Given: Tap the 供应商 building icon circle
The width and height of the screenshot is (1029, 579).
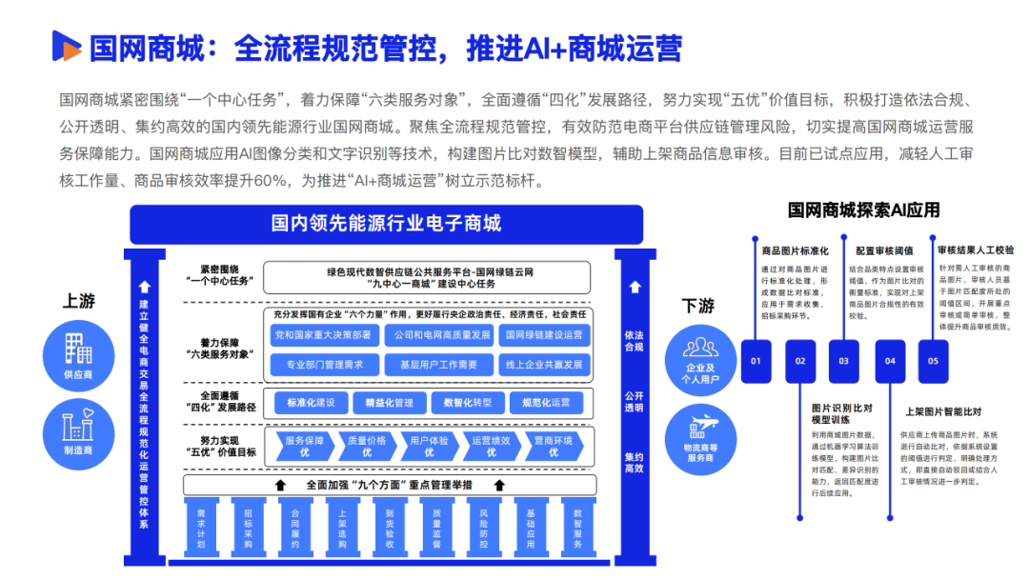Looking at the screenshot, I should pyautogui.click(x=79, y=356).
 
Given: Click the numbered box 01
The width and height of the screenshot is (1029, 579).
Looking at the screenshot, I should pyautogui.click(x=756, y=361).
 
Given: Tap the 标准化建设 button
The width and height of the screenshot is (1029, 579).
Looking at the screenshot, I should pyautogui.click(x=311, y=403).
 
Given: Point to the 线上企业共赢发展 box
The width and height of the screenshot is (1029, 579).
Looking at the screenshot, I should pyautogui.click(x=543, y=365).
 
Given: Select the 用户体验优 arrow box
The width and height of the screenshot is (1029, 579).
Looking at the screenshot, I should pyautogui.click(x=429, y=446).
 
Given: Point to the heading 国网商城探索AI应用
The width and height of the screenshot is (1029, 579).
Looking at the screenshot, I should pyautogui.click(x=863, y=210).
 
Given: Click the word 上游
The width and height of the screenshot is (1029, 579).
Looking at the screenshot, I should pyautogui.click(x=79, y=302).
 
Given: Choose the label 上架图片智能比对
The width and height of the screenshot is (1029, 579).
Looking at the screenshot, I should pyautogui.click(x=943, y=412).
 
